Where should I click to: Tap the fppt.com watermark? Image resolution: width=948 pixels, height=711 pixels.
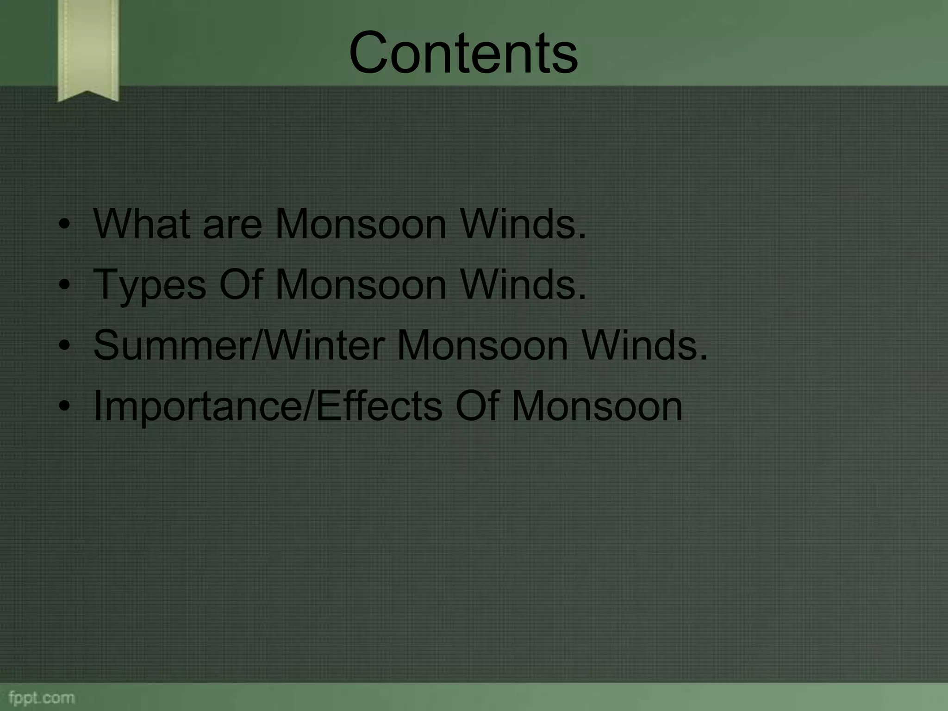41,698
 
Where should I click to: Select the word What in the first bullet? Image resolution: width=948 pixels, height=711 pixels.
142,224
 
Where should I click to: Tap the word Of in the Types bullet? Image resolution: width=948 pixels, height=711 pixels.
241,285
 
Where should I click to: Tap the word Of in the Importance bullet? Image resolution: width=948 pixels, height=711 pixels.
477,406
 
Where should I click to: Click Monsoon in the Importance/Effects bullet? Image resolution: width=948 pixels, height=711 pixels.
597,406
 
